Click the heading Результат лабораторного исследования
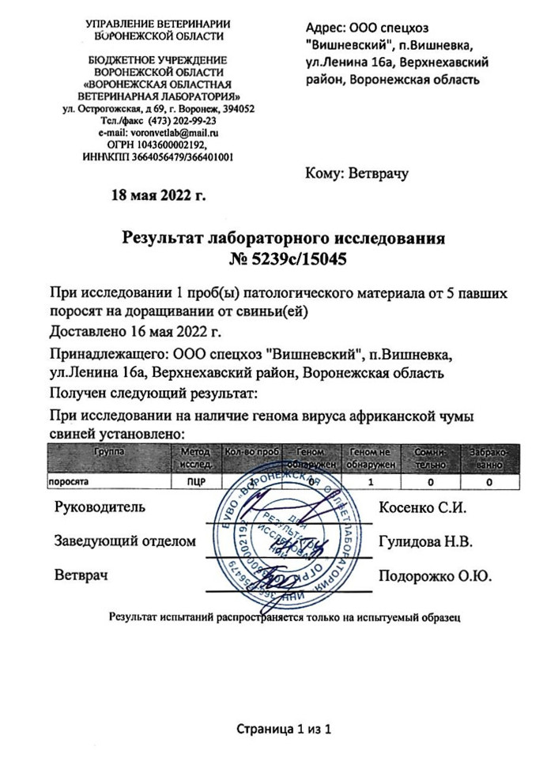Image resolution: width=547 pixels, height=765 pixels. pos(284,237)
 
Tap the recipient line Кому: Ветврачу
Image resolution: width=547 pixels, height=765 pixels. pos(356,174)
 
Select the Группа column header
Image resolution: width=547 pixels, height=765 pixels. pos(109,451)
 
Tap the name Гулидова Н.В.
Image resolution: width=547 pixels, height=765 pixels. pos(425,541)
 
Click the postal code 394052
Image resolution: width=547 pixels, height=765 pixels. pos(237,108)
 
